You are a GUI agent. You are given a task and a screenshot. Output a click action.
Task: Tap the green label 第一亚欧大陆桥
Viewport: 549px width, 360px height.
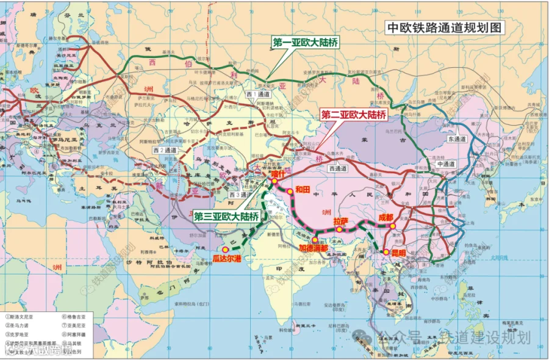305,43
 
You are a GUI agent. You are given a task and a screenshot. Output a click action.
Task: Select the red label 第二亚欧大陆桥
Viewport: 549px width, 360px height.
354,114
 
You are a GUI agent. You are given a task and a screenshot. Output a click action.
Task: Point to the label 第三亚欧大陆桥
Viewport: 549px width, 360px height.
226,215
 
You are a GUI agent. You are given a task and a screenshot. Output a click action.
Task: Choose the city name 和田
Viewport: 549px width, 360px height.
303,189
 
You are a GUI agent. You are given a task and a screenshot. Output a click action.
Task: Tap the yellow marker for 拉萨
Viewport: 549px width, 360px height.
339,229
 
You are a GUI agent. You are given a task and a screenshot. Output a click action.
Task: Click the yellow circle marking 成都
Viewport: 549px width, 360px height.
393,226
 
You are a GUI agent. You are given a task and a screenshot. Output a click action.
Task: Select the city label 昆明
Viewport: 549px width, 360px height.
396,253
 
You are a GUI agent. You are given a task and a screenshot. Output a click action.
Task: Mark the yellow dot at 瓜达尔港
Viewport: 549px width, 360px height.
226,250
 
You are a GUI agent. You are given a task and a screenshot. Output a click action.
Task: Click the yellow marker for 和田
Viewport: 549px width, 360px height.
289,190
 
